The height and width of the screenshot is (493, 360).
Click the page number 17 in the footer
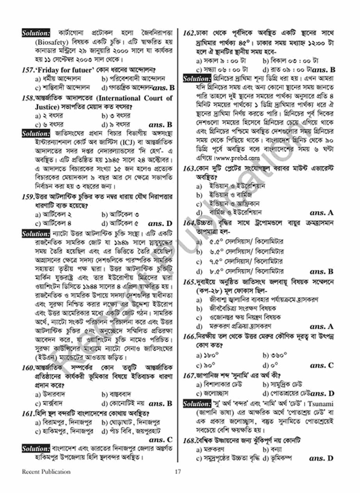click(178, 472)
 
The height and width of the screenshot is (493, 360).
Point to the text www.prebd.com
click(243, 158)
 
